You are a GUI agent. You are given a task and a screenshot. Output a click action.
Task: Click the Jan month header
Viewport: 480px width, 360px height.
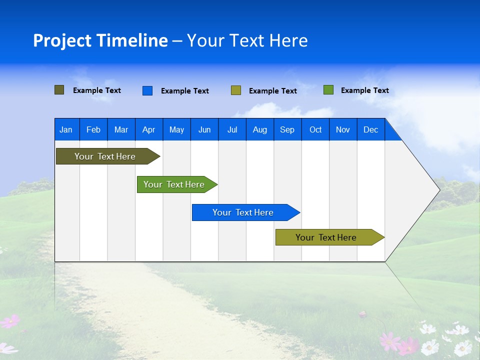[66, 129]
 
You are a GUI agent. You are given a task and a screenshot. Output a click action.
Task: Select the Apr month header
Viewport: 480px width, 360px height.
[148, 129]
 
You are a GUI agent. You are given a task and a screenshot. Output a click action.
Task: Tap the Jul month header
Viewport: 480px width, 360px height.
[232, 129]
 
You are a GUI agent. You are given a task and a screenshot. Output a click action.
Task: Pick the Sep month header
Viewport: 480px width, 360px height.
[287, 129]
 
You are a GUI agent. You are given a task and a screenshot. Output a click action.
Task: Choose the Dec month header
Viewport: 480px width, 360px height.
[370, 129]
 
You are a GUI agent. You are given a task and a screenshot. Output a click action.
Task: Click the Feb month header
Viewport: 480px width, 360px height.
[93, 129]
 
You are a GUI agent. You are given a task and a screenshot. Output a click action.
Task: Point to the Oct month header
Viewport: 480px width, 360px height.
[315, 129]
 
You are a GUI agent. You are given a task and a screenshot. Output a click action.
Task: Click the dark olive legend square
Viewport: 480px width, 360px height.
[59, 90]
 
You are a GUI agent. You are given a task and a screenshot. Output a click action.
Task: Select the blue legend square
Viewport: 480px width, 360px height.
[147, 90]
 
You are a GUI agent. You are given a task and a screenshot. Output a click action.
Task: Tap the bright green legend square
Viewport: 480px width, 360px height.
[328, 90]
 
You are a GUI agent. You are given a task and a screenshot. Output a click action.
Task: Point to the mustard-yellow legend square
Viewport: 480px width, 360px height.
[235, 90]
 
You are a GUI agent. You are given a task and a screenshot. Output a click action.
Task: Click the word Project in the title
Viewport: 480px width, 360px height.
[62, 40]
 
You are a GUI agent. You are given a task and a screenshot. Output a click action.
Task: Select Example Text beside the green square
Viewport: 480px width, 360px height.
[364, 90]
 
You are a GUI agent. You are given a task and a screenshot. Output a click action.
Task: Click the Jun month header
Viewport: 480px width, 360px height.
[204, 129]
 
